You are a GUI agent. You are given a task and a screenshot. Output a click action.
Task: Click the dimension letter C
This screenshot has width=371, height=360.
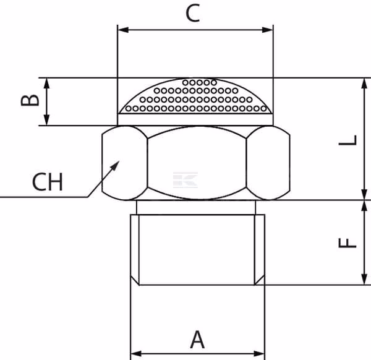coord(192,14)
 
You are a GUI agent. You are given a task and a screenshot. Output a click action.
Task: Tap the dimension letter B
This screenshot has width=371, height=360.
coord(30,100)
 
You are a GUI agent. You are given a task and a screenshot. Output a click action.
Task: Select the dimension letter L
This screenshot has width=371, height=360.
coord(348,140)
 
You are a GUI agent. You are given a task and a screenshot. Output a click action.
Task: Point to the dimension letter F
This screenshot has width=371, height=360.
coord(348,243)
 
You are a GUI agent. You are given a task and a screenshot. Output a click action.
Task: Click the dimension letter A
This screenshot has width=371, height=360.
coord(197,340)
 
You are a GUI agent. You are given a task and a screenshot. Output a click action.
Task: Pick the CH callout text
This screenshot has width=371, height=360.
coord(48,182)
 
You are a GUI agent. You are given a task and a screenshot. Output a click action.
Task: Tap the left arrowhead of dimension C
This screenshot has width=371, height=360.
coord(123,30)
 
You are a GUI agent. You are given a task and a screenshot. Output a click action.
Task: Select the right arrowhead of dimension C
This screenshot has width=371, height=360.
coord(268,30)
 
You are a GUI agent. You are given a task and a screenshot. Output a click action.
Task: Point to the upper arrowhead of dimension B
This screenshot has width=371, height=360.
coord(46,84)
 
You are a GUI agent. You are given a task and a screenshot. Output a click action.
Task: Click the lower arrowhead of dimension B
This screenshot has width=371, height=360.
coord(46,120)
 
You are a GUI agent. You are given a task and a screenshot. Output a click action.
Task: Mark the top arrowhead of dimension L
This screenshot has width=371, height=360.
coord(364,84)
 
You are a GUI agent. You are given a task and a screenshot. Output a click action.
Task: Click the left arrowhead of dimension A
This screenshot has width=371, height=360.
coord(136,354)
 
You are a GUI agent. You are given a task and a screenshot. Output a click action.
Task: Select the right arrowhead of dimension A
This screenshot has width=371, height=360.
coord(259,354)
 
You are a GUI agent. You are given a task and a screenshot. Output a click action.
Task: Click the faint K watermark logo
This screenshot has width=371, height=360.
coord(185,180)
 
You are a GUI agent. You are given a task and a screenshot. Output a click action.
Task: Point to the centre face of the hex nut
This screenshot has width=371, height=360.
coord(197,163)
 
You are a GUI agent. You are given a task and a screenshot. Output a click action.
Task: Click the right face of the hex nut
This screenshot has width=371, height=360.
coord(268,163)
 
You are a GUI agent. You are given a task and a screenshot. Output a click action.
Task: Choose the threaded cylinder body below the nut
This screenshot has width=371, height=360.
coord(198,250)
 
